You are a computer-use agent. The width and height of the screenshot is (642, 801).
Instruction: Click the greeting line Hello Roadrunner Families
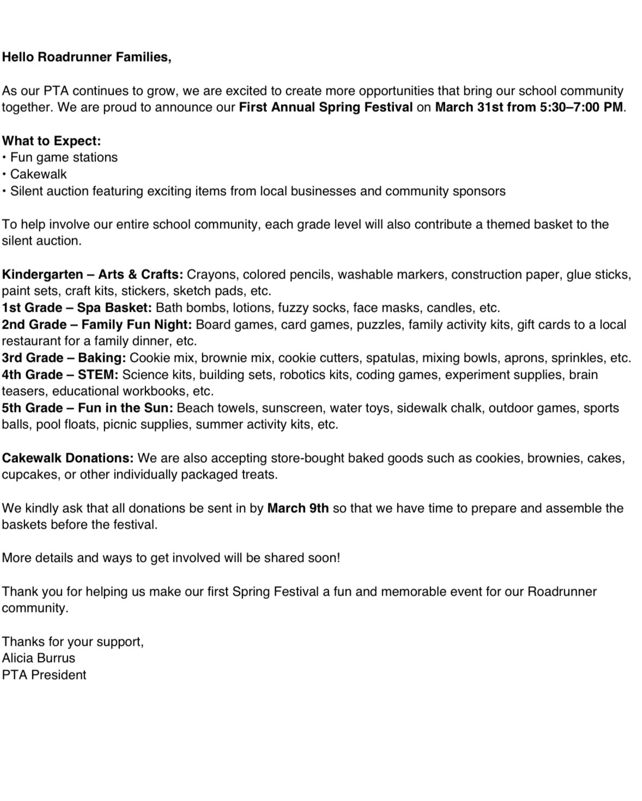(x=86, y=57)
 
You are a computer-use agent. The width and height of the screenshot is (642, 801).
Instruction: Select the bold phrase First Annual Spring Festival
(x=325, y=107)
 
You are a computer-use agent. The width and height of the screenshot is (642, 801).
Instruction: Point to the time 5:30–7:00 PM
(x=582, y=107)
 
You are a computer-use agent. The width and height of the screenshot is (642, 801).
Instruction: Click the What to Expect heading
(x=51, y=141)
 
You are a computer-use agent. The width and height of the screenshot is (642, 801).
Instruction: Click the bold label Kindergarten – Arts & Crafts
(x=92, y=274)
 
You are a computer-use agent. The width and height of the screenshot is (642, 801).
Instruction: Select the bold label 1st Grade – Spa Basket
(x=76, y=308)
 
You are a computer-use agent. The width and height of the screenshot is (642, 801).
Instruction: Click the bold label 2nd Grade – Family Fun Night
(x=96, y=325)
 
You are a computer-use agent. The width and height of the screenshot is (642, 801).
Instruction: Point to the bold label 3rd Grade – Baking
(x=64, y=358)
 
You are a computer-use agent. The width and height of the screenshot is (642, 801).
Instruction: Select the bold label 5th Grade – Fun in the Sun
(x=87, y=408)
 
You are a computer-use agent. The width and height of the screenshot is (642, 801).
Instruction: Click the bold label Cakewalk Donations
(x=68, y=458)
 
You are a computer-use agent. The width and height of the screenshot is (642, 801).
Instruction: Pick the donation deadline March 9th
(x=298, y=508)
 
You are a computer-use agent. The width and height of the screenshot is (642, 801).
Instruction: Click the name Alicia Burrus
(x=38, y=658)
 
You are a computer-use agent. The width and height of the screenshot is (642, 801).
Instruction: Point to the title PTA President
(x=44, y=675)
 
